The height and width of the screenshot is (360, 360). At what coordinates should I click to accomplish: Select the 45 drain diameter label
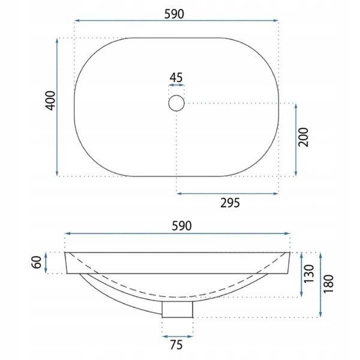click(x=176, y=77)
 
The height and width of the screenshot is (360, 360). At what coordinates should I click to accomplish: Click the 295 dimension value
click(x=230, y=202)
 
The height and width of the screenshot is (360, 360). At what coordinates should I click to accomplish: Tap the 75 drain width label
click(x=178, y=344)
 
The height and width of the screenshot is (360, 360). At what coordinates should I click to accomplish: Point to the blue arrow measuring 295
click(x=227, y=193)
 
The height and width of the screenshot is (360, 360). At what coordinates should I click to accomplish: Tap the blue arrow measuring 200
click(x=296, y=139)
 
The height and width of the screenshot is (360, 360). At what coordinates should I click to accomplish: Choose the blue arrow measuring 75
click(x=178, y=335)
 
